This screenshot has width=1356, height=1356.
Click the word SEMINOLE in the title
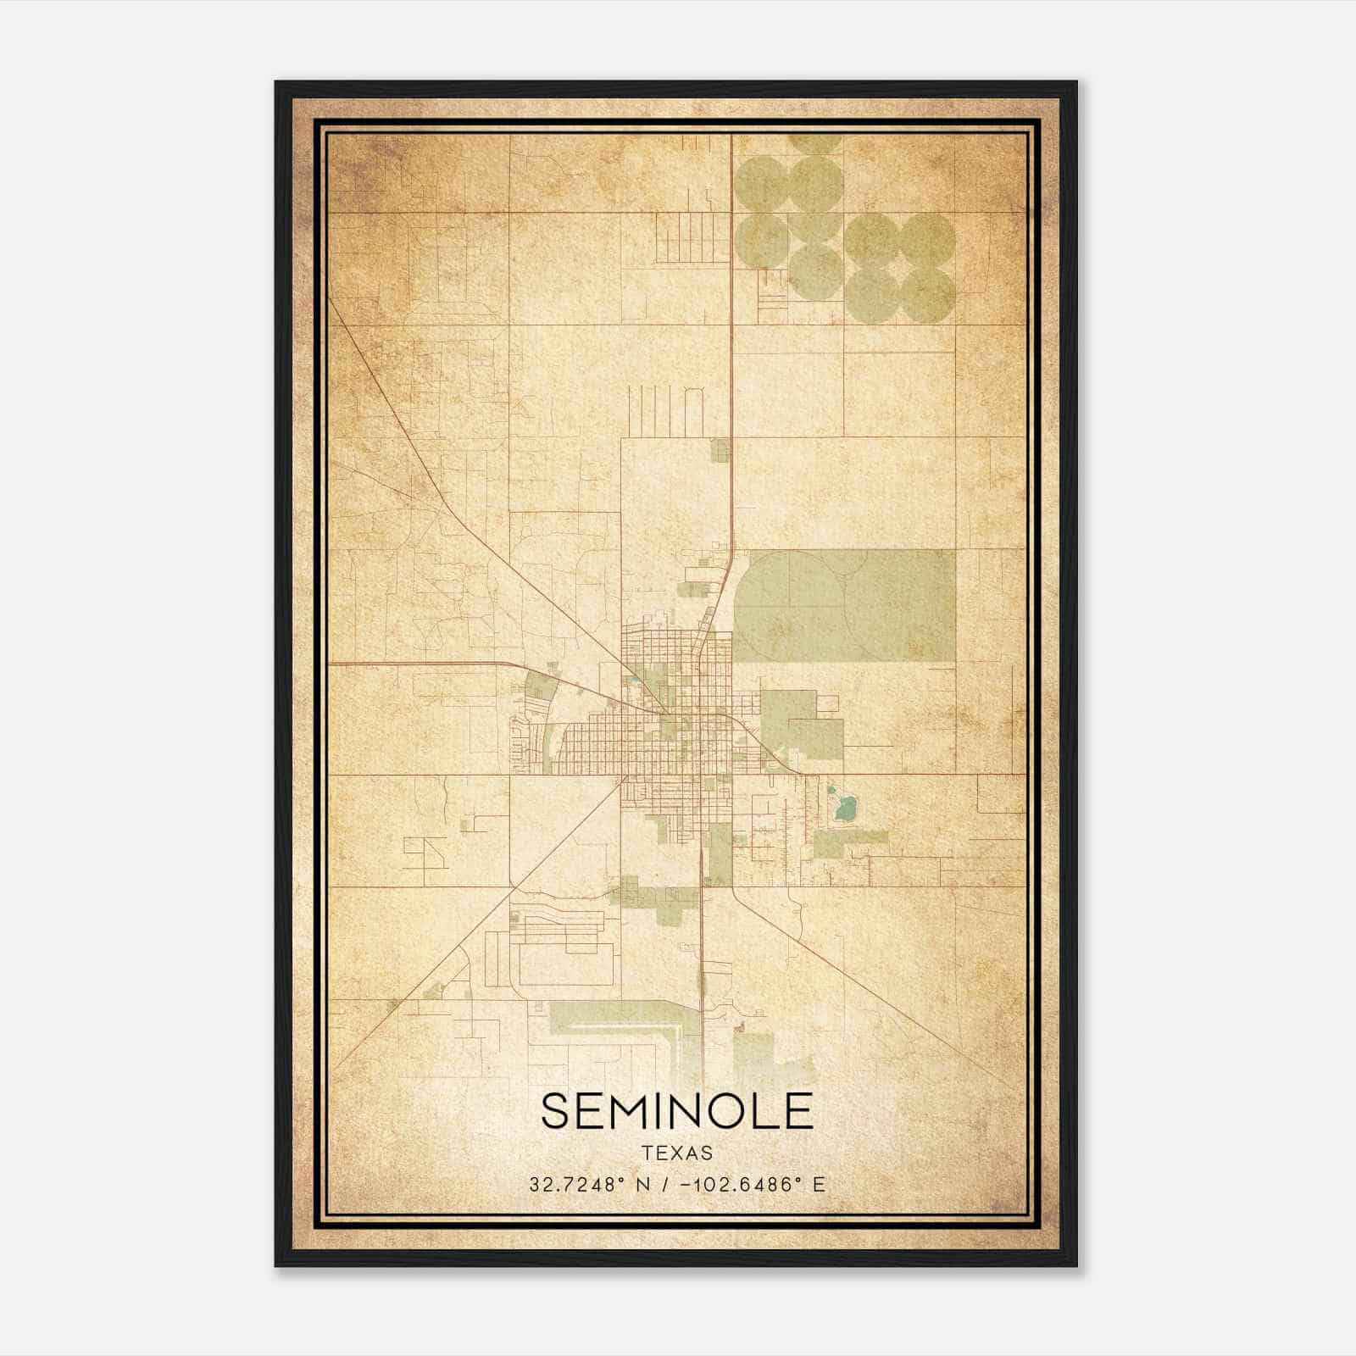676,1111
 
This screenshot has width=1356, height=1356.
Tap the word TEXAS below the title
676,1153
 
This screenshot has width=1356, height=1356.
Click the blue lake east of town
843,808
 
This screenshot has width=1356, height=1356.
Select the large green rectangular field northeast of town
843,605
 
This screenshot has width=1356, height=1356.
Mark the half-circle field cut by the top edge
814,142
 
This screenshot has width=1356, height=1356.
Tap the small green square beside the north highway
720,451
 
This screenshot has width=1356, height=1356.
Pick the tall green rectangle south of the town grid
719,852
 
